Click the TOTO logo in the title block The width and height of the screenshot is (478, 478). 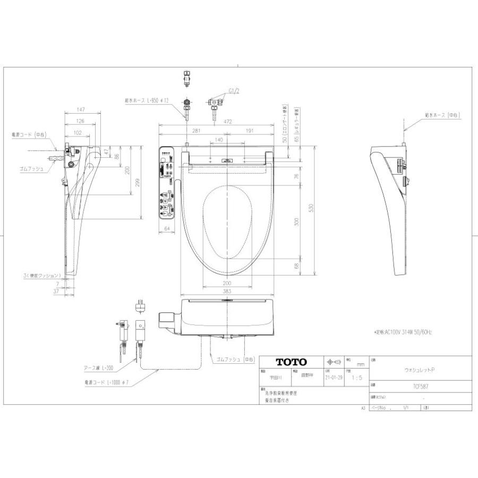click(291, 362)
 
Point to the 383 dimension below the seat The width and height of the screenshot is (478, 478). click(227, 292)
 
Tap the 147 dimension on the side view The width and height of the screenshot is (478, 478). click(81, 109)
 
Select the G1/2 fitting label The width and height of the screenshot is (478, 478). click(234, 91)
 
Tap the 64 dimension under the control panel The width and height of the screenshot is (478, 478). click(166, 228)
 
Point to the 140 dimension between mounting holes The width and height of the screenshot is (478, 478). click(218, 139)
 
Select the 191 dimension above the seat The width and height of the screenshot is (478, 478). click(249, 131)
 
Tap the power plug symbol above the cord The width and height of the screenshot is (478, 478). click(141, 306)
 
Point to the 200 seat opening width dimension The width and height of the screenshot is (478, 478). click(227, 283)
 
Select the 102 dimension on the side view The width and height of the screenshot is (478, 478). click(78, 133)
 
